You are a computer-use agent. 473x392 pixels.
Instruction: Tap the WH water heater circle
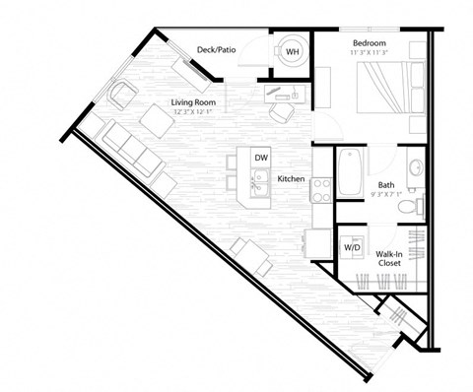[x=293, y=52]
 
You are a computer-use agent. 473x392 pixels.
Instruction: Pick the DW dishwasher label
[x=260, y=158]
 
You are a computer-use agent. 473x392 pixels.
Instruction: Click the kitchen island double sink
[x=260, y=182]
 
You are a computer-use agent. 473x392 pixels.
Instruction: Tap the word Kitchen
[x=290, y=179]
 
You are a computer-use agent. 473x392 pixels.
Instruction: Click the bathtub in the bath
[x=351, y=173]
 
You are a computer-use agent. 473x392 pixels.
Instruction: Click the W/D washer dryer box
[x=352, y=247]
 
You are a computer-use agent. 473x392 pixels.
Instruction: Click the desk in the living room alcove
[x=287, y=94]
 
